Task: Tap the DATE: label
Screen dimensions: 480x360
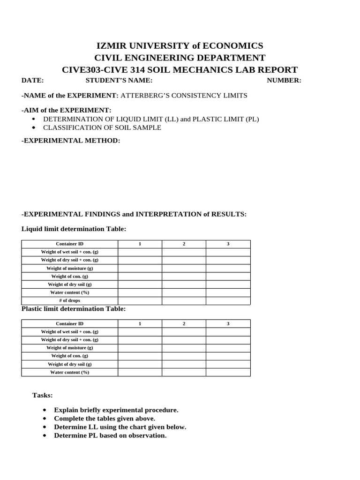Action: point(32,80)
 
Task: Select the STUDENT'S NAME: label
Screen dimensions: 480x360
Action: point(119,80)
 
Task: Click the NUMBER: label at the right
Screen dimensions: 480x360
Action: point(284,80)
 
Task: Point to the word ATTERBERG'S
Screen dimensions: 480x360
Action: point(142,96)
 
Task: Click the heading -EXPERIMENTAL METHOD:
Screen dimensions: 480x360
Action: point(71,141)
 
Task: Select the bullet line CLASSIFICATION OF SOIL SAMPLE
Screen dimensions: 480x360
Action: point(102,127)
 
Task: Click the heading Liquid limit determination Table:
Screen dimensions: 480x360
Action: point(74,229)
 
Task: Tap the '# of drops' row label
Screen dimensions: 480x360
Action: point(69,300)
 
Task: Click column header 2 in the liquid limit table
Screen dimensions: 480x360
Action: point(184,244)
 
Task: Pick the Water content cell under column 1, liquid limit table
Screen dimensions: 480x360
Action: point(140,292)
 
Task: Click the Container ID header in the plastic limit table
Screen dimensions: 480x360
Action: point(69,324)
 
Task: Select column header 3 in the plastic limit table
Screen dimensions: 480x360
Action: point(228,324)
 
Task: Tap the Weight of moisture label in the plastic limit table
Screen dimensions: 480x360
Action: point(69,348)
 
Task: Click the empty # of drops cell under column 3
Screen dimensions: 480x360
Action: point(228,300)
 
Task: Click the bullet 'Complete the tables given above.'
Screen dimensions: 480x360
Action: point(105,419)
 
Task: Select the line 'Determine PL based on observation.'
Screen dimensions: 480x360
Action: point(110,435)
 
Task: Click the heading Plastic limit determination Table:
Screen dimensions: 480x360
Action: point(74,309)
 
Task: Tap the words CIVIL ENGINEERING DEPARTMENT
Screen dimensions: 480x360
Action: point(180,58)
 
